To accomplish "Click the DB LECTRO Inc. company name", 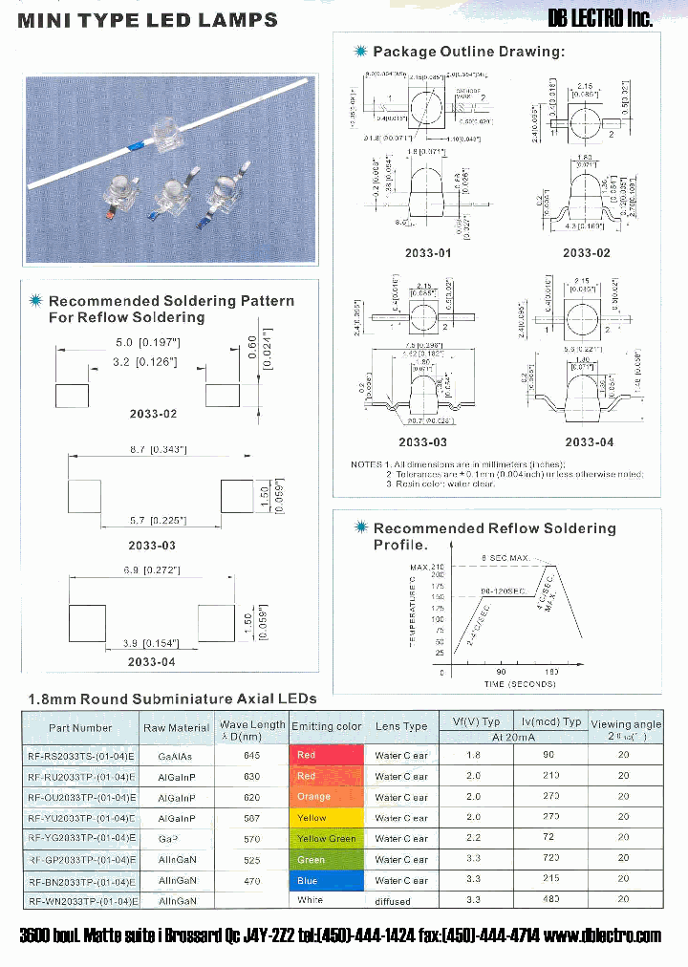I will (600, 18).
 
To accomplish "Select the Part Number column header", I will (80, 728).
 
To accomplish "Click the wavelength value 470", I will (252, 881).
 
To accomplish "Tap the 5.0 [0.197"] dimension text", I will (147, 342).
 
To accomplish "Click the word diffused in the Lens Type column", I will (393, 901).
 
